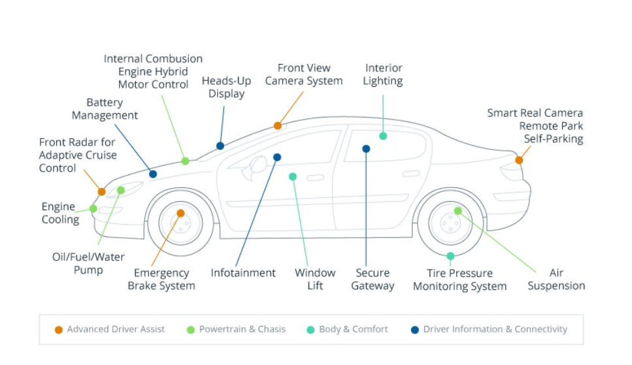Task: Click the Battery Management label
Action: click(x=105, y=109)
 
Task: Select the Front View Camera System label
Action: click(x=303, y=74)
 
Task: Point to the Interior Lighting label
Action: click(x=383, y=74)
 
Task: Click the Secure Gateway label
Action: click(x=373, y=279)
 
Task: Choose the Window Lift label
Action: click(x=315, y=279)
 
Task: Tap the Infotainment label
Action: click(x=243, y=273)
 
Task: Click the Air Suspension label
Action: click(x=556, y=279)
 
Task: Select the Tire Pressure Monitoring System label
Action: click(x=459, y=279)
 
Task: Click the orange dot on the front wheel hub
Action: click(x=180, y=213)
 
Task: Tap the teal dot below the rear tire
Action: click(x=450, y=256)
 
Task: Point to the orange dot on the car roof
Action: click(x=278, y=125)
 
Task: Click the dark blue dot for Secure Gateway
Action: click(x=366, y=149)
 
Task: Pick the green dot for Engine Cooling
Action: click(x=93, y=209)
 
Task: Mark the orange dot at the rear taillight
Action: click(x=519, y=160)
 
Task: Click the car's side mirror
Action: click(x=257, y=164)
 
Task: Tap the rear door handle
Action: click(x=410, y=174)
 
